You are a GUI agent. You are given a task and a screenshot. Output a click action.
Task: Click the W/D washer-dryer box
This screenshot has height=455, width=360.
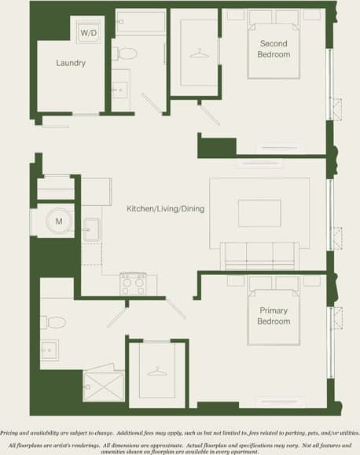point(88,33)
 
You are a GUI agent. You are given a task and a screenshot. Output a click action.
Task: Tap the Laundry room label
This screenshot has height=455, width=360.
point(71,63)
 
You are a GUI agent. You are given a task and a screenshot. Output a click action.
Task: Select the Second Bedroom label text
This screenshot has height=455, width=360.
point(274,50)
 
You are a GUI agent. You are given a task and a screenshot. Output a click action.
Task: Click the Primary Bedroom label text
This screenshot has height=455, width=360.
point(274,316)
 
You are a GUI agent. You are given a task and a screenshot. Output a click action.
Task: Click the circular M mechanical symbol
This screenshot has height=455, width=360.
point(57,222)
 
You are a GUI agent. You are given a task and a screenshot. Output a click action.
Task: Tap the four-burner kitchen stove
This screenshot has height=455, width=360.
point(133,284)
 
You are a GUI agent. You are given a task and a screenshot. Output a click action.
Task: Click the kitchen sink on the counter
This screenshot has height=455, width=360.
point(91,230)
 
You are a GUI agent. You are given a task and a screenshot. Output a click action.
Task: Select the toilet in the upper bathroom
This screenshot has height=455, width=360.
point(125,54)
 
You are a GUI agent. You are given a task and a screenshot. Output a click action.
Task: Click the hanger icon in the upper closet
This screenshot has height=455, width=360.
point(201,53)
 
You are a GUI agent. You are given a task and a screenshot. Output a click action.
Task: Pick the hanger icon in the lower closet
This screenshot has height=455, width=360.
point(156,372)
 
